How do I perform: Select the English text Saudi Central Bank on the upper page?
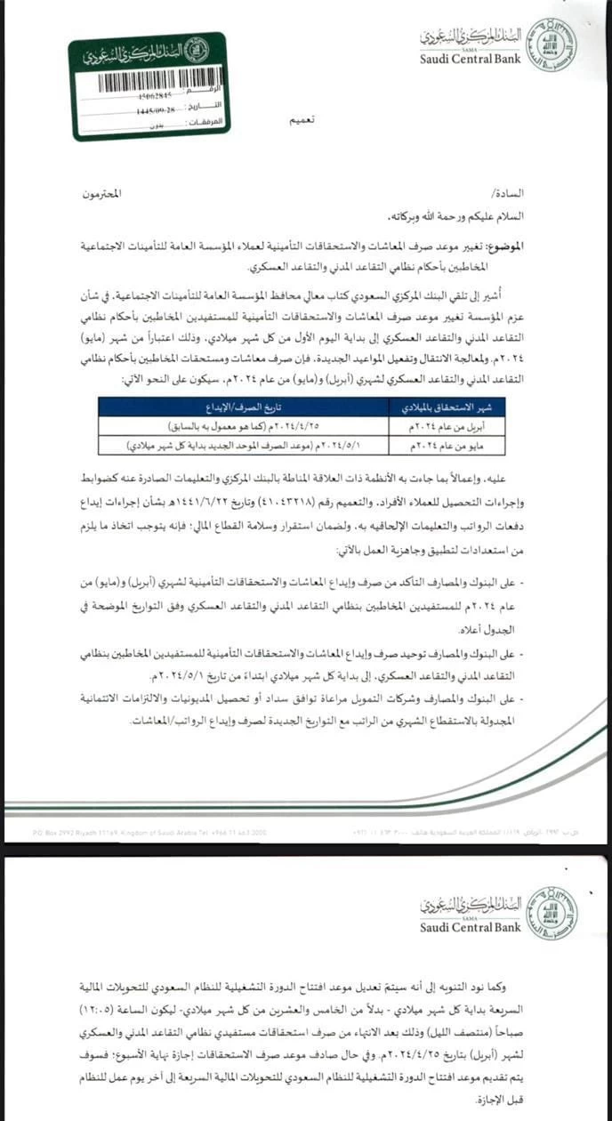(x=470, y=59)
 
